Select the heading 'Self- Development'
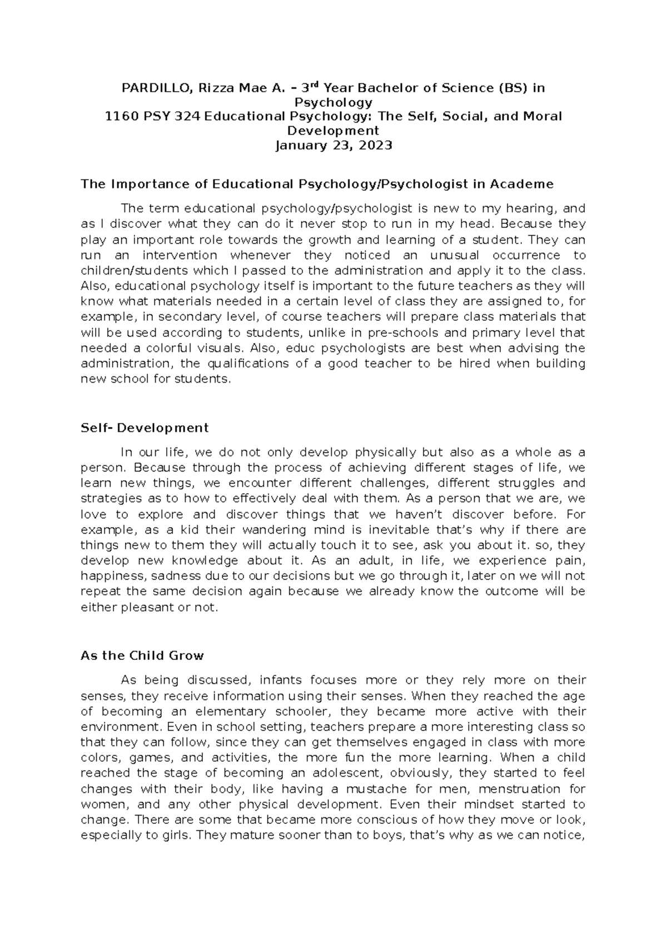145,428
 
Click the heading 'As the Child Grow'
142,655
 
